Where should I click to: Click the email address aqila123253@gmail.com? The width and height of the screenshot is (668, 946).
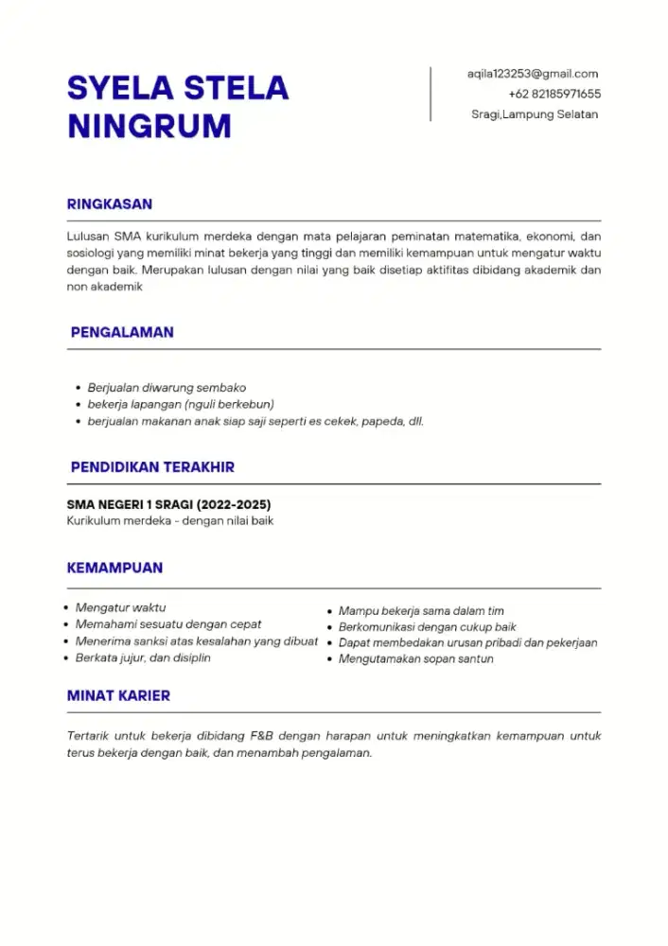533,74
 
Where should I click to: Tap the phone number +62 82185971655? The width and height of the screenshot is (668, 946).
554,94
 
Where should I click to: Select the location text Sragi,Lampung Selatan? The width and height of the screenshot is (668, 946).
535,114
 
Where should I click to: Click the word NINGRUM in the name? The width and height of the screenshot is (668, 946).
149,126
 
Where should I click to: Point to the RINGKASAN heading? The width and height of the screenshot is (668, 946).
110,204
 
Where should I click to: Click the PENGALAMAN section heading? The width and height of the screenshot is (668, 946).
122,333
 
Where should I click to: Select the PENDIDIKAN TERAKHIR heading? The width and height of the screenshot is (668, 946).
152,467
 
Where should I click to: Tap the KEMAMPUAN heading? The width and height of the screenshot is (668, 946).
114,569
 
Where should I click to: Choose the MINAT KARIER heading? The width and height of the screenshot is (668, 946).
118,695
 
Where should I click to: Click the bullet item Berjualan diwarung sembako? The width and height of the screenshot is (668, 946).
167,388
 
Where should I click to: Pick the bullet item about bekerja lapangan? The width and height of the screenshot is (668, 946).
181,405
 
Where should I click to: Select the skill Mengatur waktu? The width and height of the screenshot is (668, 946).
120,607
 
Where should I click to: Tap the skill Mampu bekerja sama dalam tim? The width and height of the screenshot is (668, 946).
421,611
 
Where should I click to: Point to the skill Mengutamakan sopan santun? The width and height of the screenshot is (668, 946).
415,658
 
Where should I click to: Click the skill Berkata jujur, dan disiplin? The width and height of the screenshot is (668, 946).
143,657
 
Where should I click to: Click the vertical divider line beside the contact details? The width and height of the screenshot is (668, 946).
431,94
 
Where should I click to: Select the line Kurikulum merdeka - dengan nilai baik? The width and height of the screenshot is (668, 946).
170,521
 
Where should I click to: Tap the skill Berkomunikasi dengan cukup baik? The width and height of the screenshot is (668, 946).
427,627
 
